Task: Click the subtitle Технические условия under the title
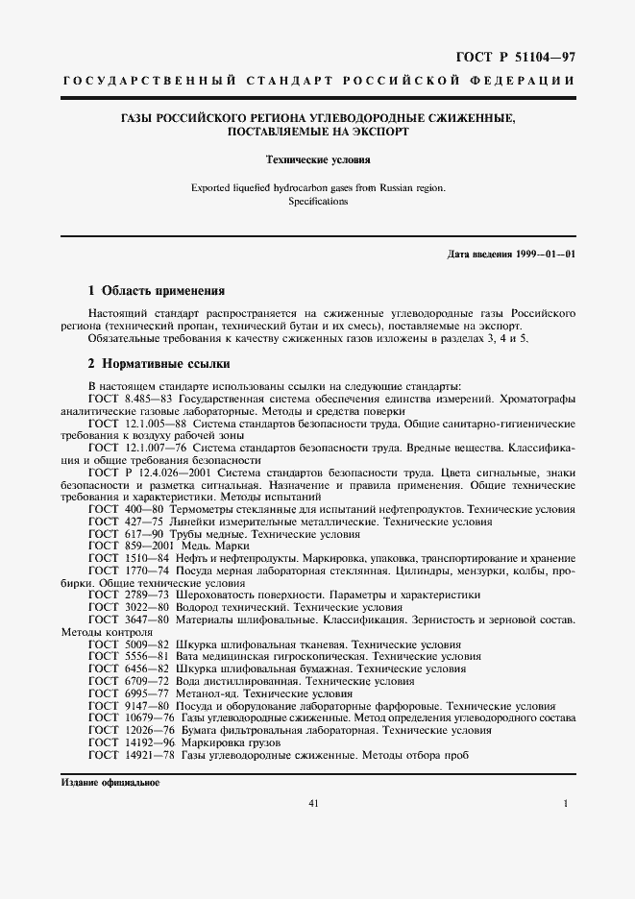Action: pos(317,161)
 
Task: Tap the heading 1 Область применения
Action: pos(156,290)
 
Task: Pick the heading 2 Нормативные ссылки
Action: pos(159,364)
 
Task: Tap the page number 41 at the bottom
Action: pos(313,803)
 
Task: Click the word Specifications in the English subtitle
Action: pos(317,202)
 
